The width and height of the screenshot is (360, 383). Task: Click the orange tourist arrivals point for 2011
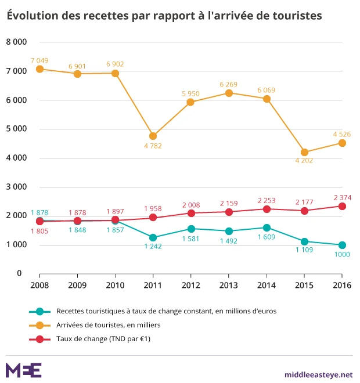[x=153, y=136]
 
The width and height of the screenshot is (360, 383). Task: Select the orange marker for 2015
[x=304, y=152]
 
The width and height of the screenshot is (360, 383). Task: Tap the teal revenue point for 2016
[x=342, y=245]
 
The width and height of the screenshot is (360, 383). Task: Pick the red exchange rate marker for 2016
[x=342, y=206]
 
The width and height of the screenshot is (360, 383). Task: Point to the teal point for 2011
[x=153, y=237]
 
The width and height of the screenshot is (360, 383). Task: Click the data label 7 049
[x=39, y=60]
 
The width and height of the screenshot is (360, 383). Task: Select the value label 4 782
[x=153, y=146]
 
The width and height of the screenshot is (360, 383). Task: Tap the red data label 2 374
[x=342, y=196]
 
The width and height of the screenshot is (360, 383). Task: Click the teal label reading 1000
[x=342, y=255]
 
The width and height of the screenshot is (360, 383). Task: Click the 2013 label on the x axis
[x=228, y=285]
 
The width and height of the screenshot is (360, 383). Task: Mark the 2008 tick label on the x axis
[x=39, y=285]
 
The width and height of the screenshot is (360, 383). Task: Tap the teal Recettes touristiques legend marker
[x=39, y=311]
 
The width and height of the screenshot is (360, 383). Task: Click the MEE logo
[x=23, y=370]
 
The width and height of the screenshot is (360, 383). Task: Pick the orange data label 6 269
[x=228, y=84]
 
